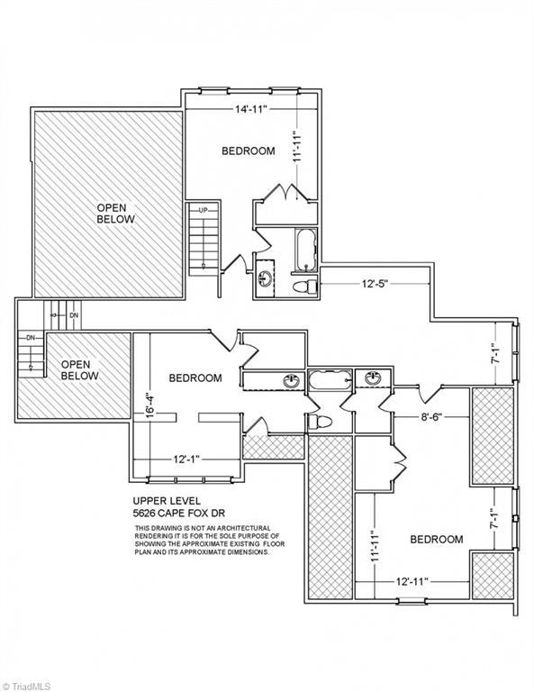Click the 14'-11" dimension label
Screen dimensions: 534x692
251,109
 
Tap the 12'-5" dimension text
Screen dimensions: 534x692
375,284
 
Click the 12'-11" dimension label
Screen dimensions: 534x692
412,582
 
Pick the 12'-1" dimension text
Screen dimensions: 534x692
186,459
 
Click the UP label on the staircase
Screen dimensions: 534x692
203,210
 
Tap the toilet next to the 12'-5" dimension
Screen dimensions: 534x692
305,286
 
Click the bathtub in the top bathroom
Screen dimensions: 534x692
305,250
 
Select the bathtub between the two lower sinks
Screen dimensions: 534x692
330,379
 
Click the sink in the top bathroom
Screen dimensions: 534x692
266,278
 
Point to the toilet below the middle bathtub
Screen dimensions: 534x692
319,423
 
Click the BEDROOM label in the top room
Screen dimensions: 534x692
249,151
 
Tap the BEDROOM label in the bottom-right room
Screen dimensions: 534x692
437,539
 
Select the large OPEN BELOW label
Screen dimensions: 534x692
115,214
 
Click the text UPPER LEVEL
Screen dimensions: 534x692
167,501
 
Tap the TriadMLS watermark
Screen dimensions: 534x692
25,687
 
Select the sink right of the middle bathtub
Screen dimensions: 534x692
373,378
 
